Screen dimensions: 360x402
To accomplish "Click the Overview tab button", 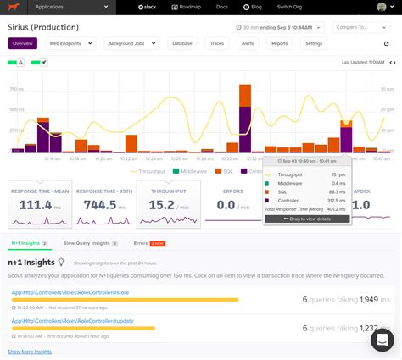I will (x=23, y=42).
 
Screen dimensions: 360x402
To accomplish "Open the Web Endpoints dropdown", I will (x=69, y=42).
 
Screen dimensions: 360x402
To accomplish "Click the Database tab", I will (x=181, y=42).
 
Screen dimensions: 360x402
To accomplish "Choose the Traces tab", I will (x=217, y=42).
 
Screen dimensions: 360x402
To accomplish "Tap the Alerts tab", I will (x=248, y=42).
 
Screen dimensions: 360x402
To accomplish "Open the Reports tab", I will (x=279, y=42).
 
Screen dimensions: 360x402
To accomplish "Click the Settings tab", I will (x=313, y=42).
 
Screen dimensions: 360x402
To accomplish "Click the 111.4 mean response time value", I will (x=36, y=204).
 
